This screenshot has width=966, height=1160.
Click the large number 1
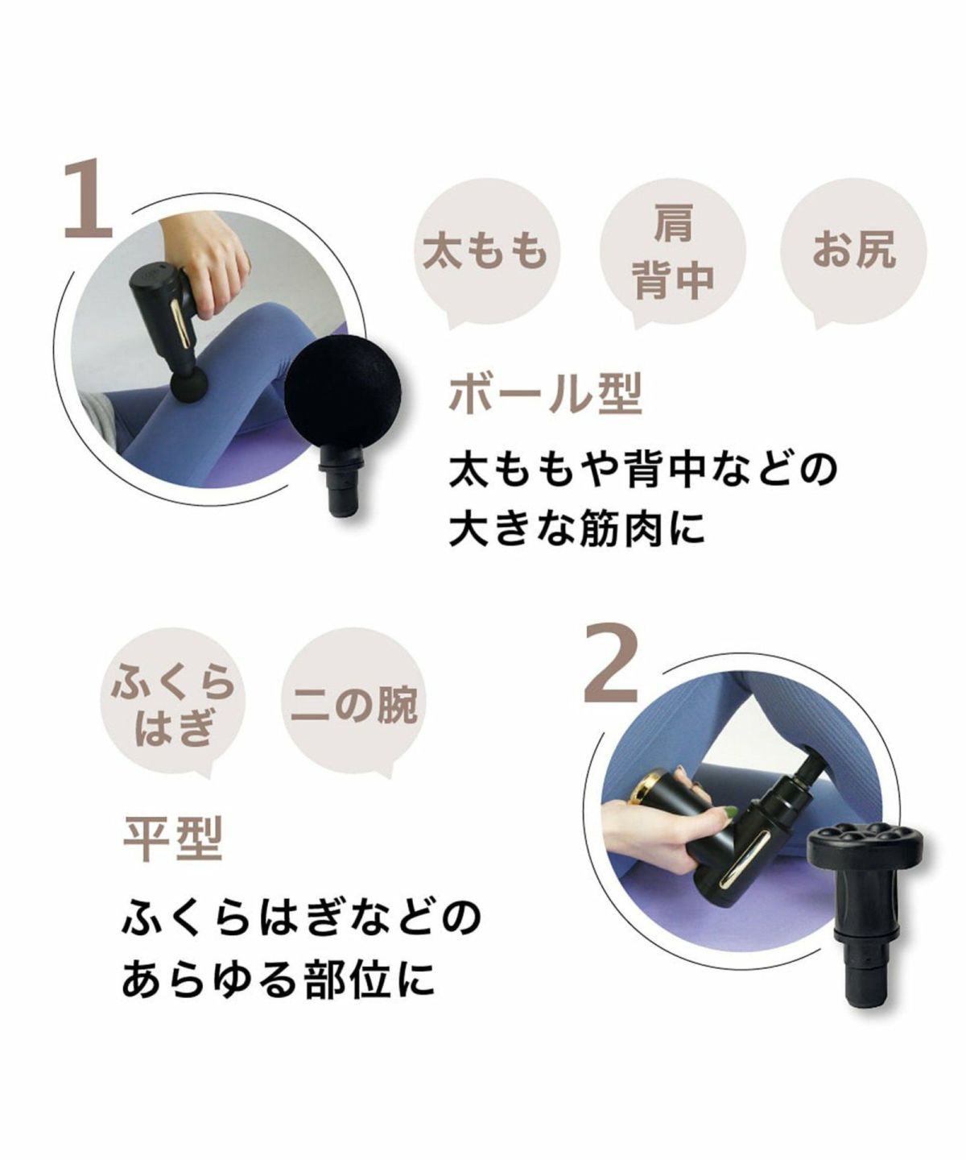[89, 198]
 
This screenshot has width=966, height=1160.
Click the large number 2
[611, 662]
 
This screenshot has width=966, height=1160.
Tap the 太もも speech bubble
[485, 251]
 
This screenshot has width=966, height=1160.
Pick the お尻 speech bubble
[853, 251]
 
